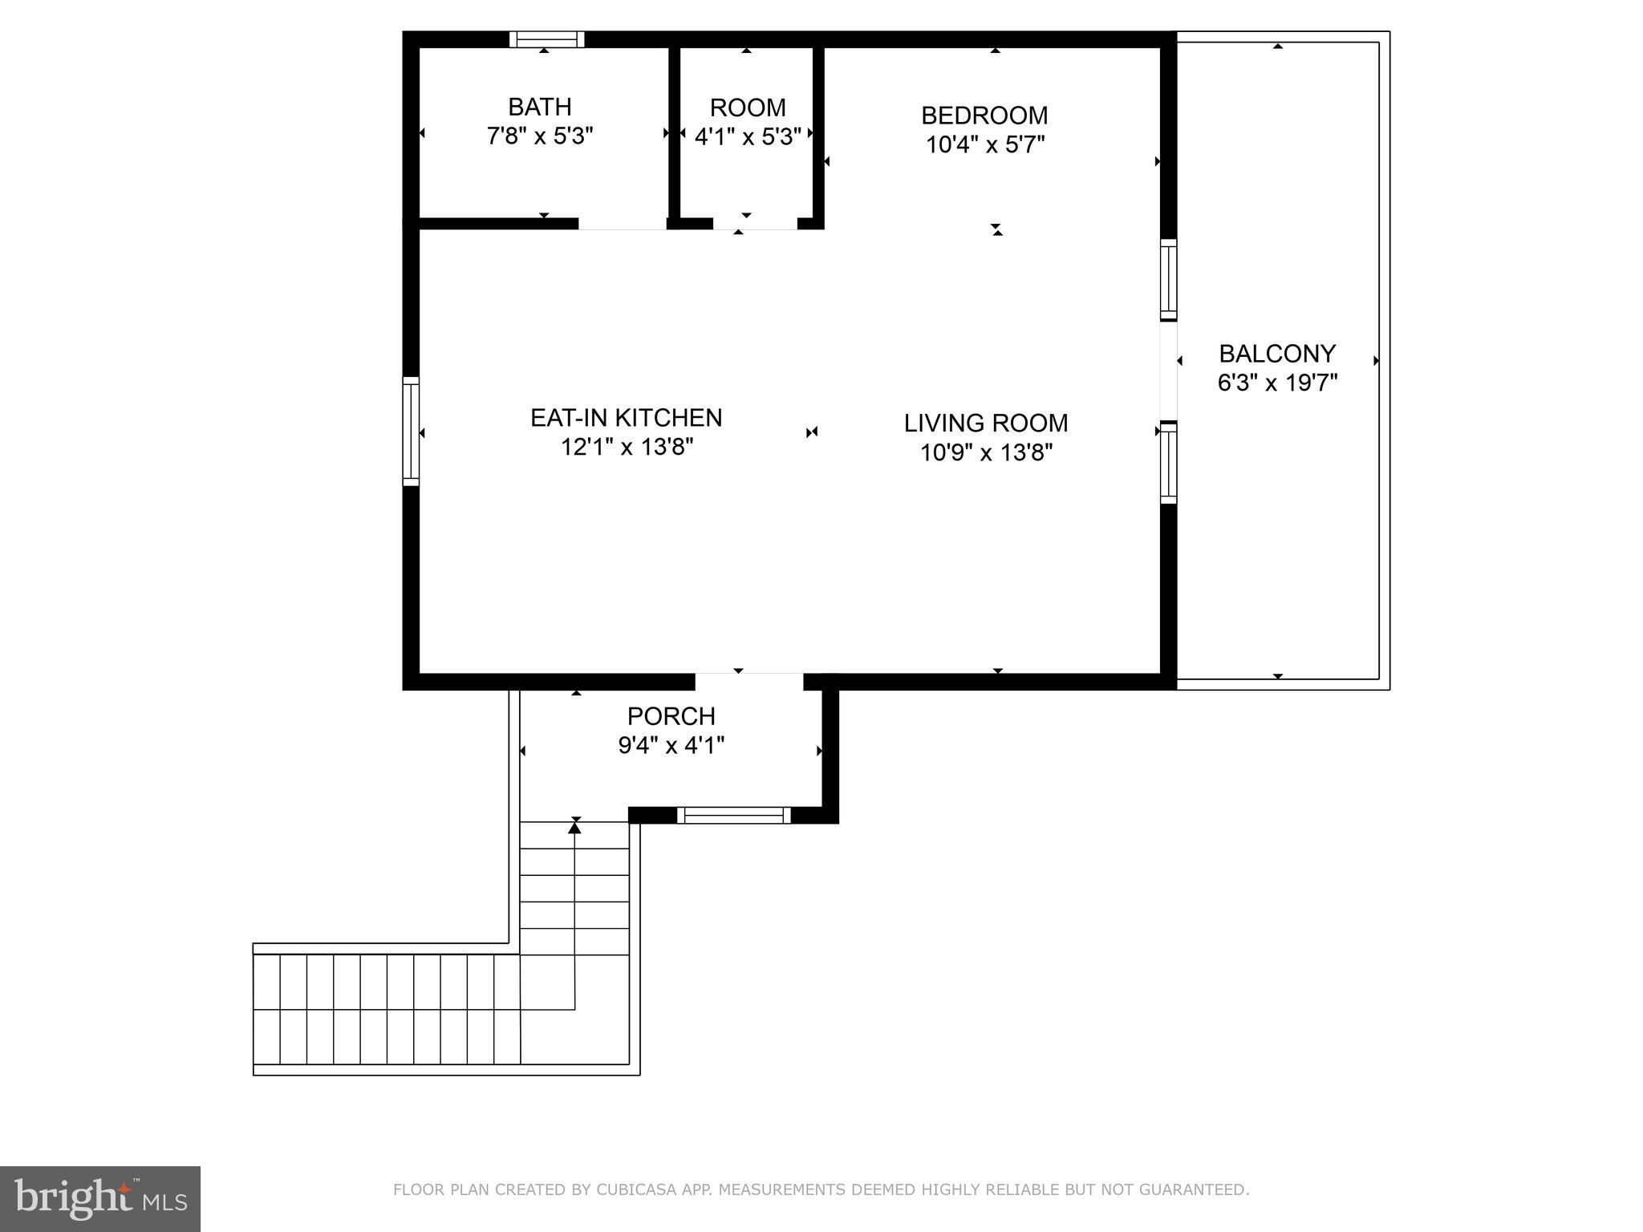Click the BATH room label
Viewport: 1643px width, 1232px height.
click(539, 107)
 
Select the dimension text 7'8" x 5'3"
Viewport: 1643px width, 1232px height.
click(539, 136)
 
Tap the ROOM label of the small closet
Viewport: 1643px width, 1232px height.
click(747, 107)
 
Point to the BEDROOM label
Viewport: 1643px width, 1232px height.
click(984, 115)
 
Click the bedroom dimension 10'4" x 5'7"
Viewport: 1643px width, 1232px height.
click(984, 145)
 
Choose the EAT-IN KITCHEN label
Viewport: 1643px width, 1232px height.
click(626, 418)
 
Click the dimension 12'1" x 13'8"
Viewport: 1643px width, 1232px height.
click(626, 448)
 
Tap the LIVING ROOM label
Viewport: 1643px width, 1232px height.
click(985, 423)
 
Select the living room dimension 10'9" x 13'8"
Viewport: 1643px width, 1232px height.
click(985, 453)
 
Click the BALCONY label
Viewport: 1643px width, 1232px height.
click(1277, 354)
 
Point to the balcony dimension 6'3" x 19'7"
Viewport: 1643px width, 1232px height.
click(1277, 383)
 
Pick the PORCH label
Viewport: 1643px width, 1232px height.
click(671, 715)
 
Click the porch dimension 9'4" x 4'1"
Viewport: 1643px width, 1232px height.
click(671, 746)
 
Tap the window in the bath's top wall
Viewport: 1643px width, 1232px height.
click(547, 39)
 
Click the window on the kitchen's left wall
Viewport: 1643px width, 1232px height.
click(411, 432)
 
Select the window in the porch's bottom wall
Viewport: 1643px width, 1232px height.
click(733, 816)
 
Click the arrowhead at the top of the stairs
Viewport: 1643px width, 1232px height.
click(574, 827)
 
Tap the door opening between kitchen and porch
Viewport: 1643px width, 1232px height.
click(748, 681)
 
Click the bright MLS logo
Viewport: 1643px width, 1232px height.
click(99, 1198)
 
